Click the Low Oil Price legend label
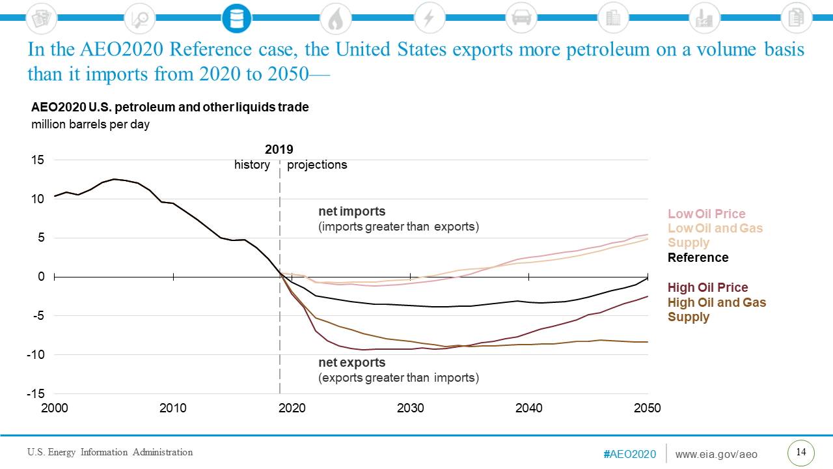tap(706, 214)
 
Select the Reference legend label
tap(698, 257)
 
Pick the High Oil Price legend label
tap(707, 287)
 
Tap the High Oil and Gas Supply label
tap(717, 309)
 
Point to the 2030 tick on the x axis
tap(411, 408)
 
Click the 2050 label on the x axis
tap(648, 408)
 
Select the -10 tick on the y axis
tap(36, 355)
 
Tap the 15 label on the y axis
tap(40, 160)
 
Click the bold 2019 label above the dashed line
tap(279, 150)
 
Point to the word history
tap(252, 165)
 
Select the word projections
tap(317, 165)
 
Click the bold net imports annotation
tap(351, 212)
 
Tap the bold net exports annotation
tap(351, 363)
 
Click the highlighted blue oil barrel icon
tap(236, 18)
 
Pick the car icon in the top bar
tap(520, 18)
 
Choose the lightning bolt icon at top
tap(428, 18)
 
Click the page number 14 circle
tap(801, 453)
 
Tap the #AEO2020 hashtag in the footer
tap(629, 454)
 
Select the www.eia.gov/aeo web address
tap(717, 454)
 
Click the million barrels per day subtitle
tap(90, 124)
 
